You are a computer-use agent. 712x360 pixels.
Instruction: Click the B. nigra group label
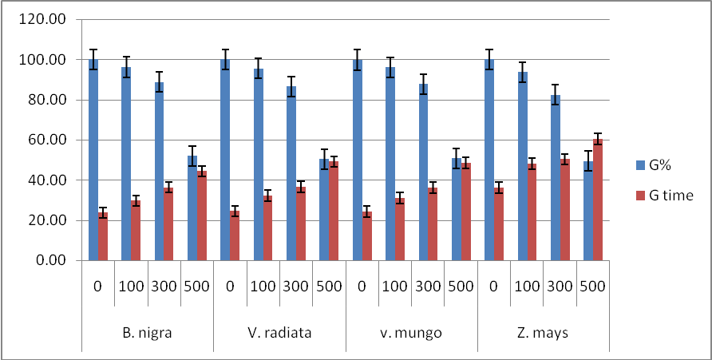[x=147, y=333]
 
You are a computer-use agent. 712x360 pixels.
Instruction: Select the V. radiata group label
[x=279, y=333]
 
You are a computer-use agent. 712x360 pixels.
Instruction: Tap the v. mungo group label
[x=411, y=333]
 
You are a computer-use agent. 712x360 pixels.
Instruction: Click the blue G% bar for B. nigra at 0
[x=93, y=160]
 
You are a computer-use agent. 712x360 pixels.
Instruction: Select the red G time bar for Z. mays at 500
[x=597, y=200]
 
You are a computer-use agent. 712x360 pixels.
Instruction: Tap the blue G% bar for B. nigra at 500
[x=192, y=208]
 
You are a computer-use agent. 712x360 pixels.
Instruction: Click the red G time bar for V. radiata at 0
[x=235, y=235]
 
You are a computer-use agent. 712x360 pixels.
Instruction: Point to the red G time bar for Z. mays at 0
[x=499, y=224]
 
